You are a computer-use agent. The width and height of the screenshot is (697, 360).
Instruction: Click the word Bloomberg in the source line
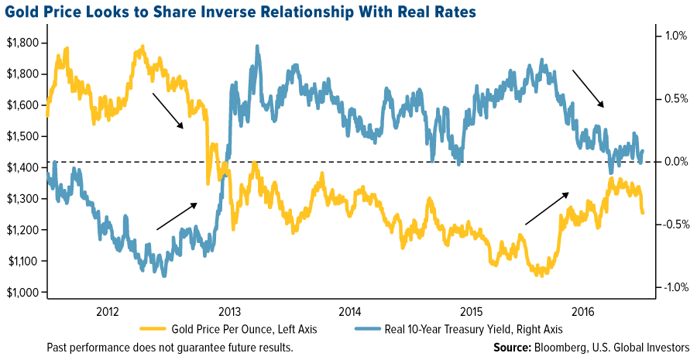coord(564,347)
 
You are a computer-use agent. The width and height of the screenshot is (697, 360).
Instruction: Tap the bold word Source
coord(514,347)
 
